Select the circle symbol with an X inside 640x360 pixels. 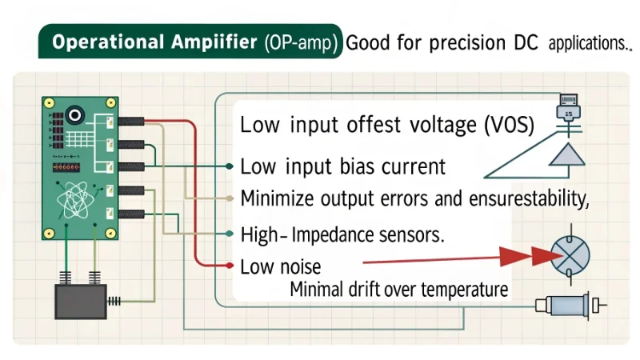pyautogui.click(x=570, y=256)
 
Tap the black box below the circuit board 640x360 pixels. pyautogui.click(x=80, y=301)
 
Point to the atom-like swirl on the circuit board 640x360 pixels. pyautogui.click(x=78, y=197)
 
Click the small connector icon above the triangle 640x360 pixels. pyautogui.click(x=569, y=106)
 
